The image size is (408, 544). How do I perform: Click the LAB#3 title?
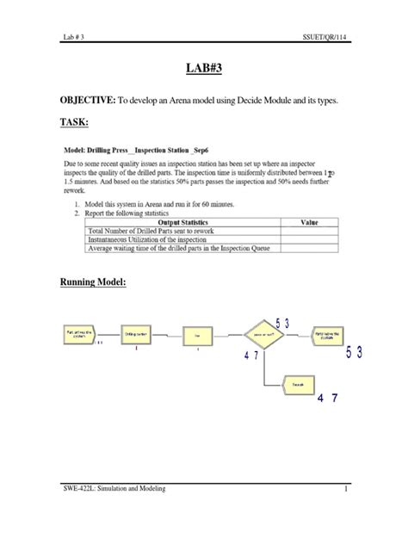[x=203, y=69]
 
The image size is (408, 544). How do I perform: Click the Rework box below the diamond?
[x=296, y=382]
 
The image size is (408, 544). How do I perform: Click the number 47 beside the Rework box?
[x=327, y=398]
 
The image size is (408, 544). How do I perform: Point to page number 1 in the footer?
[x=343, y=490]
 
